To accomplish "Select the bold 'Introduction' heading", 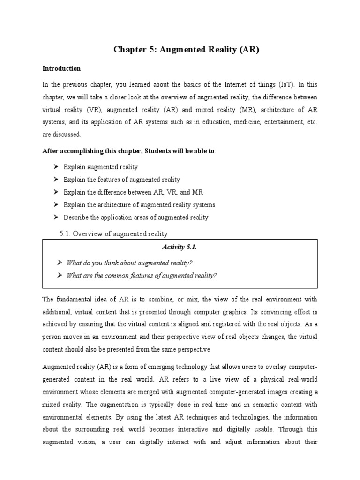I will point(61,68).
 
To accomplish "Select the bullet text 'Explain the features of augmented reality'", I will point(121,180).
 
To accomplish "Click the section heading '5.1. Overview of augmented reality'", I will point(113,233).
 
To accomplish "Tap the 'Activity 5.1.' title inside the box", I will point(180,247).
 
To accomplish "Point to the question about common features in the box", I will point(142,276).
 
